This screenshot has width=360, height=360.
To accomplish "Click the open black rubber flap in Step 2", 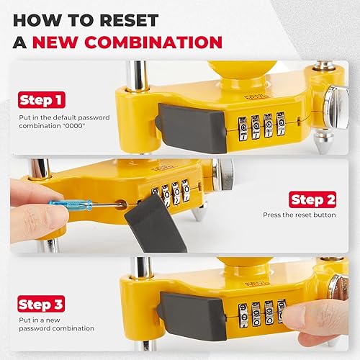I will tap(154, 226).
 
